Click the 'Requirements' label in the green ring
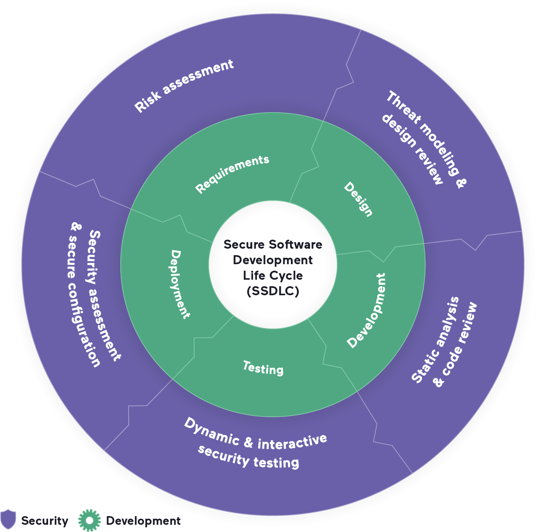(x=232, y=174)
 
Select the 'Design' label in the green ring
(x=358, y=199)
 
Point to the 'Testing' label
(x=263, y=368)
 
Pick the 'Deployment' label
(x=180, y=284)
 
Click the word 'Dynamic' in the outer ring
(x=211, y=431)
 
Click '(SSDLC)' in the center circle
(x=273, y=291)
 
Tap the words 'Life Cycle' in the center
(x=273, y=275)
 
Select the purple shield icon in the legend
(x=8, y=519)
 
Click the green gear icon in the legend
(x=89, y=520)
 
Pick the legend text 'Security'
(x=45, y=521)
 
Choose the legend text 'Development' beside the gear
(x=143, y=521)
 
